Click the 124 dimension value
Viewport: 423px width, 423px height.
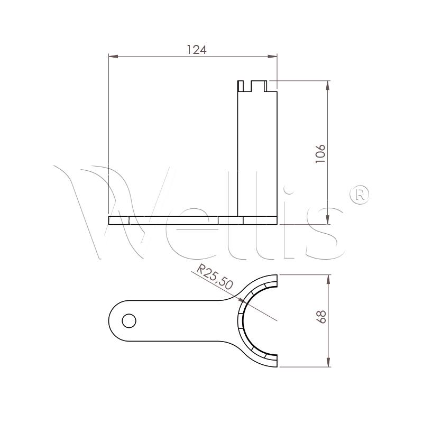click(x=197, y=50)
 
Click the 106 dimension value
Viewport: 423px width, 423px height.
click(x=320, y=153)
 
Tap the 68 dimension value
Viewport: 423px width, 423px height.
click(x=321, y=317)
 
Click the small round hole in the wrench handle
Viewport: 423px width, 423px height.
click(x=129, y=321)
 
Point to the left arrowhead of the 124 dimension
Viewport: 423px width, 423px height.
click(x=113, y=57)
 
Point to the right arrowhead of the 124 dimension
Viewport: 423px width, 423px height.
click(x=272, y=57)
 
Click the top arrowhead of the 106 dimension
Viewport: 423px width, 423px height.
click(x=328, y=85)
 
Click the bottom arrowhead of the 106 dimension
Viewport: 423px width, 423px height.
click(x=328, y=219)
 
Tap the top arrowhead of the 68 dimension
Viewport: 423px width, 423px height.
click(x=328, y=280)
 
